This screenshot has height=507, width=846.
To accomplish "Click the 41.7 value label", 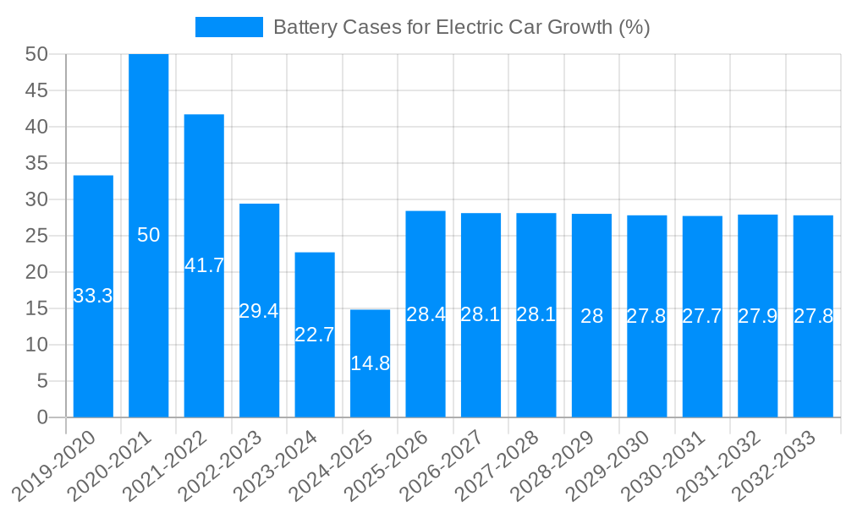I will pos(204,265).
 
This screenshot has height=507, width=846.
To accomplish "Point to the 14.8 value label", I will pos(370,363).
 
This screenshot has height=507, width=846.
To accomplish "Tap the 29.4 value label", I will pos(259,311).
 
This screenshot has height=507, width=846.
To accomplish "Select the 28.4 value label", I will pos(426,314).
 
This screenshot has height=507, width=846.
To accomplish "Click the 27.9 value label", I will pos(757,316).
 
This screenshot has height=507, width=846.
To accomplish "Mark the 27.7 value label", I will pos(702,316).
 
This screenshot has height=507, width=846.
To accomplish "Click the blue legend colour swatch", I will pos(228,27).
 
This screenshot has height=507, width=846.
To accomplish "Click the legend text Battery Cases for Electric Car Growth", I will pos(461,27).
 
